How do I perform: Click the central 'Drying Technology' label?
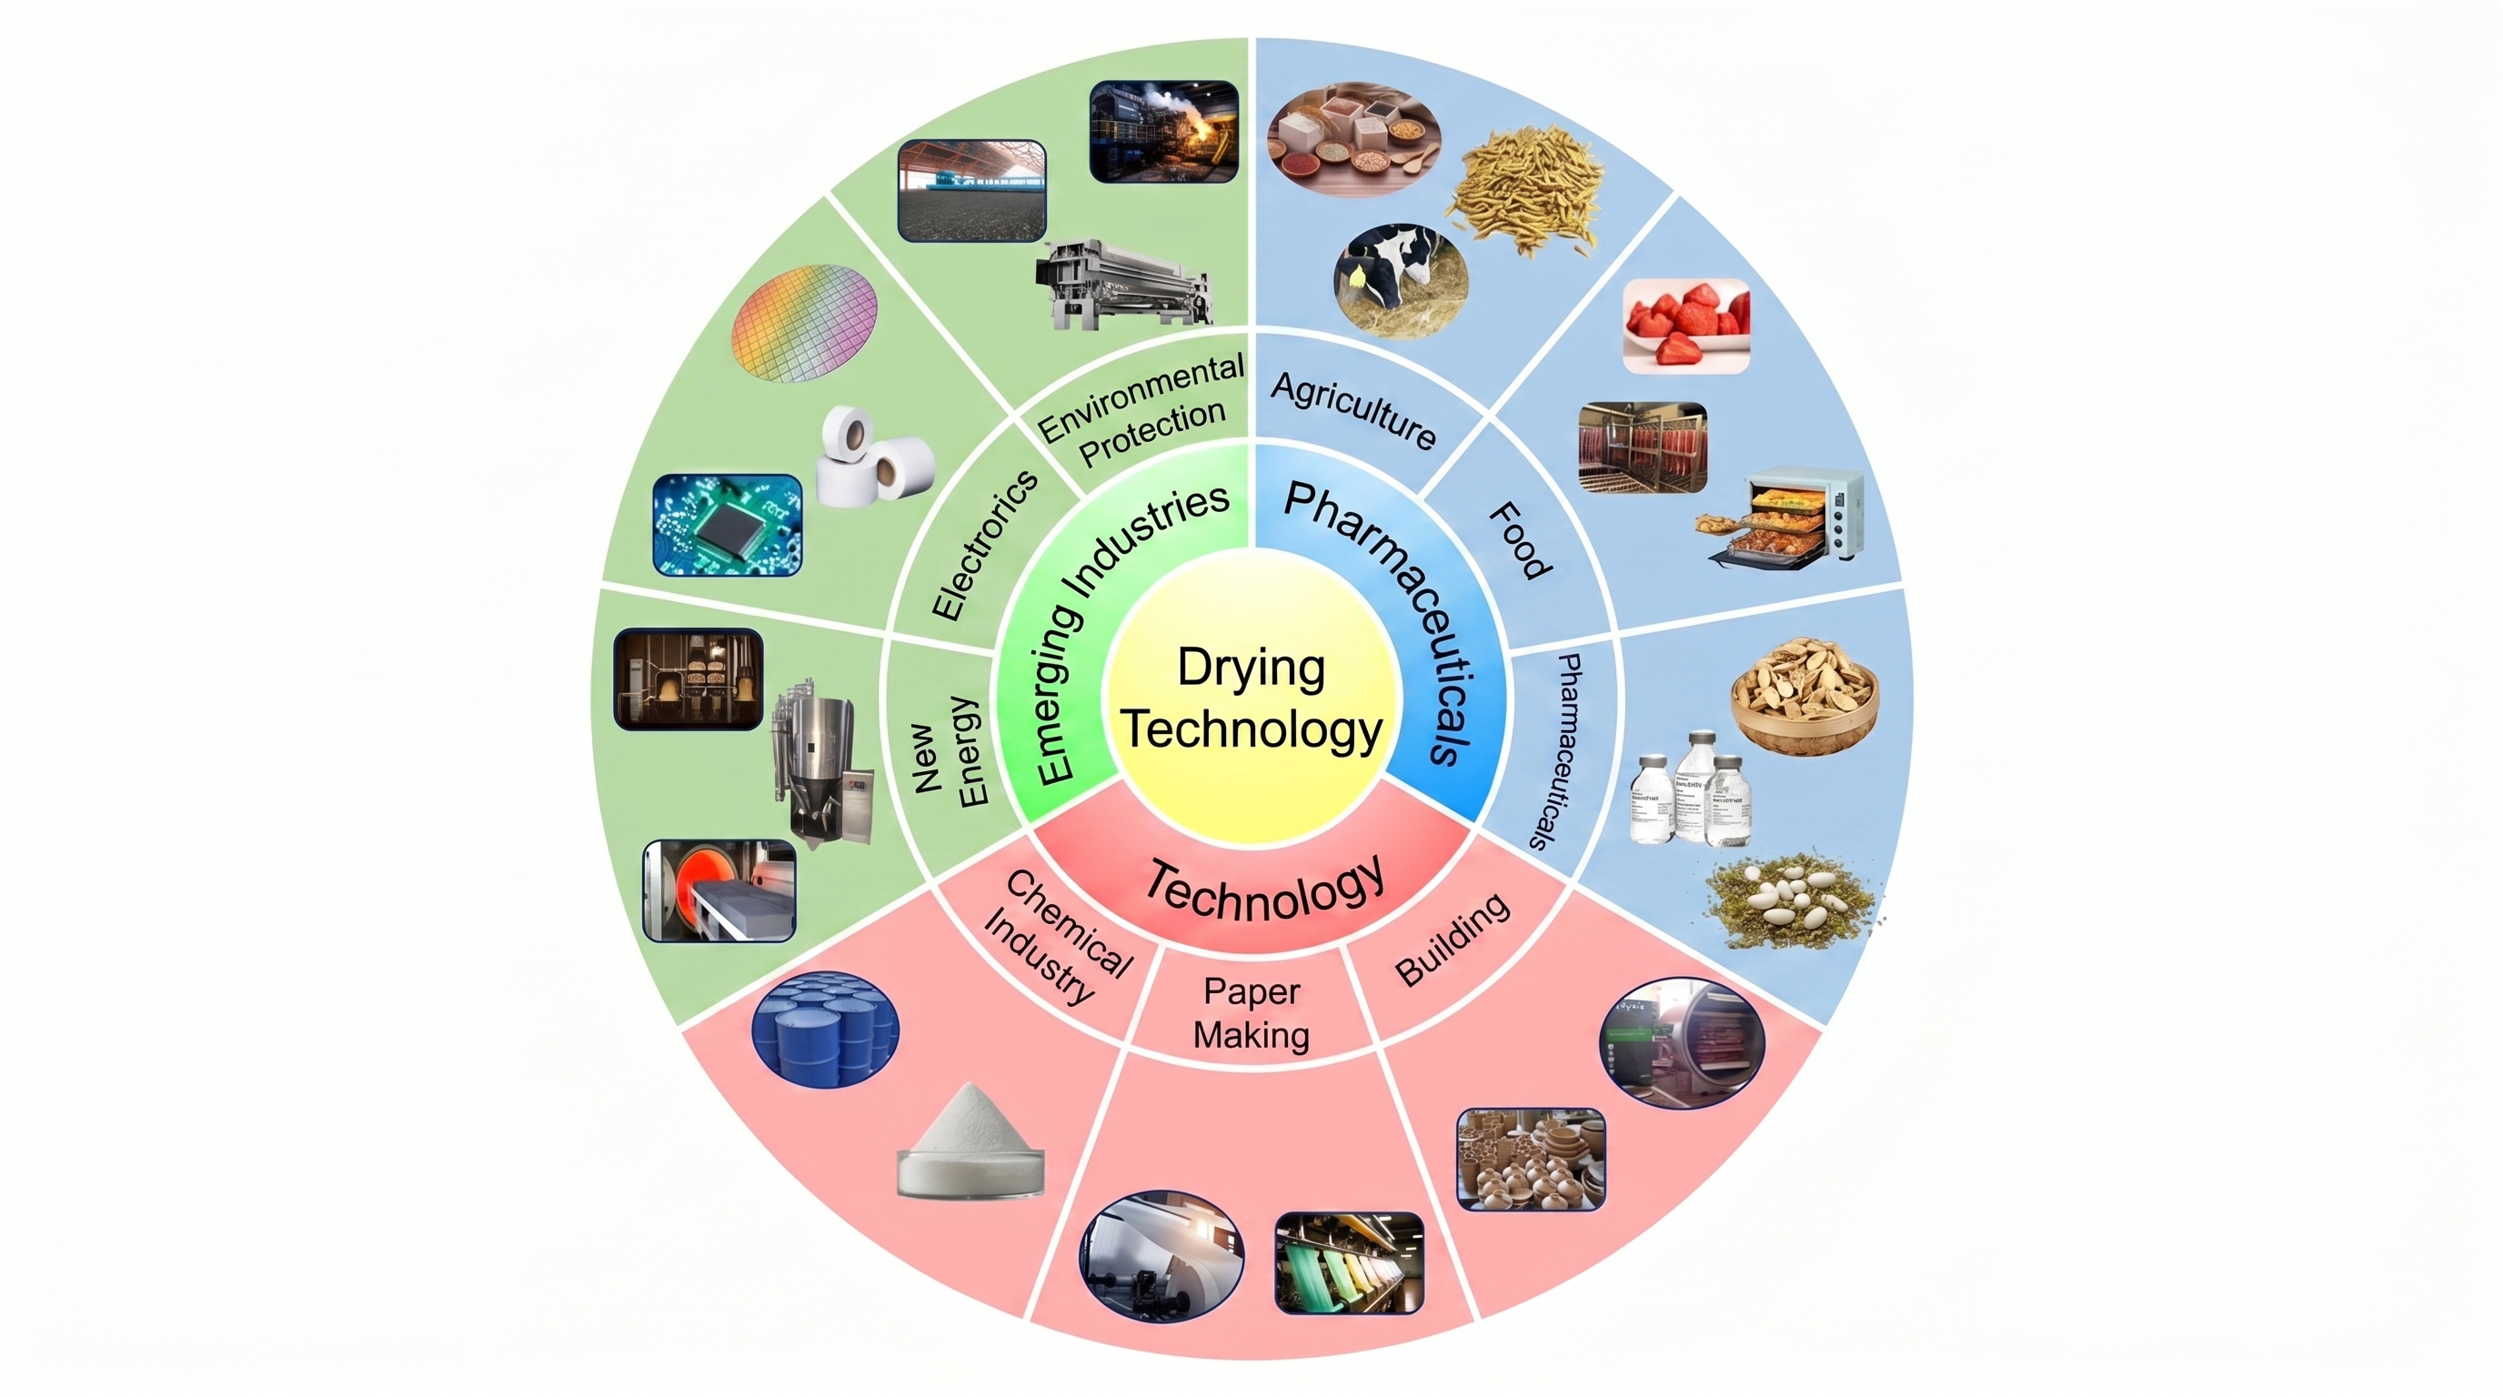[x=1251, y=698]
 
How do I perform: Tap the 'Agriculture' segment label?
[x=1353, y=411]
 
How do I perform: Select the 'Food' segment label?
[x=1522, y=540]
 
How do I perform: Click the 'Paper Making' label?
[x=1251, y=1013]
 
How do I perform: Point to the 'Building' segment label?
[x=1453, y=939]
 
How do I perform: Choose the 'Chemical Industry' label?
[x=1057, y=937]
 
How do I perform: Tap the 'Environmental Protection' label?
[x=1141, y=410]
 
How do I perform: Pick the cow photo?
[x=1400, y=279]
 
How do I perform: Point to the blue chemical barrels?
[x=826, y=1030]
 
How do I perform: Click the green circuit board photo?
[x=729, y=525]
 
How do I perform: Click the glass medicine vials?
[x=1691, y=789]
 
